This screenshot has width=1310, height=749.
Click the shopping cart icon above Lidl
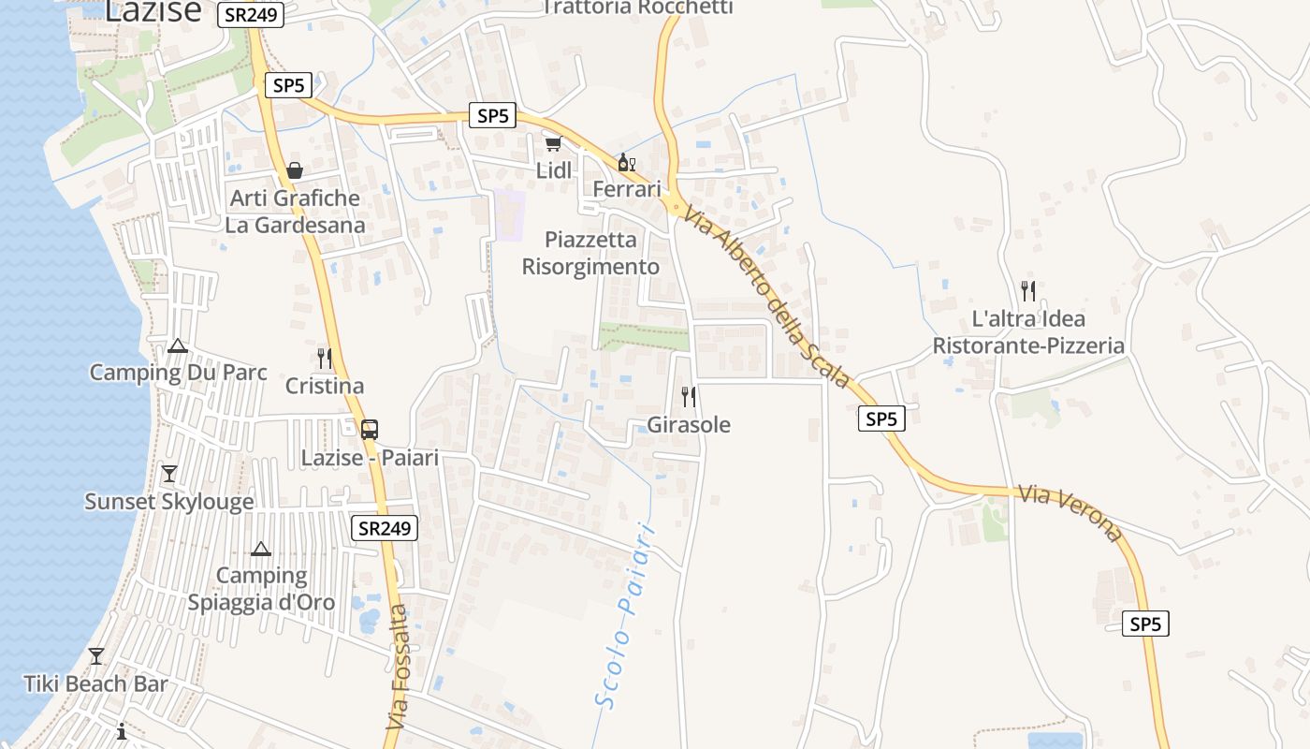[x=553, y=143]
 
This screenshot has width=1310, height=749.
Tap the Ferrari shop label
[x=627, y=188]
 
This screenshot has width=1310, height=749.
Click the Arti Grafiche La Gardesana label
[x=295, y=212]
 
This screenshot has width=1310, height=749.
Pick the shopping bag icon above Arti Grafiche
[x=295, y=170]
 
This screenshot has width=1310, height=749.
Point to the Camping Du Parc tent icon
[x=178, y=345]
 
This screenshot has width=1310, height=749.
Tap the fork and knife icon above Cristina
[x=325, y=359]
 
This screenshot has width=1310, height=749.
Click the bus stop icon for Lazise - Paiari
[x=370, y=430]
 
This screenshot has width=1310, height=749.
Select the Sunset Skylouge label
[x=169, y=502]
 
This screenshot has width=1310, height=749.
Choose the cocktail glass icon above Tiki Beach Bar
[x=95, y=655]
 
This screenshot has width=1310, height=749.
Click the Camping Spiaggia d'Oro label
[x=261, y=588]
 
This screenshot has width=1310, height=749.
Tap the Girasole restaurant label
[x=689, y=424]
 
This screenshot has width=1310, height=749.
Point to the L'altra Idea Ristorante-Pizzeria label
[x=1028, y=332]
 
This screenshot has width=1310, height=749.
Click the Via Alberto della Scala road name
[x=766, y=297]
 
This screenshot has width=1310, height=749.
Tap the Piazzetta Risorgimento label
[x=590, y=253]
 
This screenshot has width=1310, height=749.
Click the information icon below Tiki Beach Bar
[x=122, y=731]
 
